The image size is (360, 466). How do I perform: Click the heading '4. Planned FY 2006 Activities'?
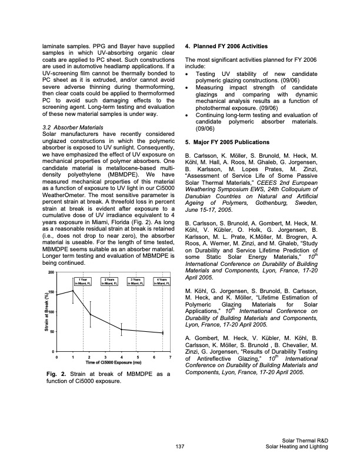pyautogui.click(x=227, y=46)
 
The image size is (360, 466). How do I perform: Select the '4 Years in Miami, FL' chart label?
pyautogui.click(x=161, y=280)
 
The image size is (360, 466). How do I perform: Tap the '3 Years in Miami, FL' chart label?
pyautogui.click(x=135, y=280)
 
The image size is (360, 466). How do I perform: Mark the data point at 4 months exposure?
pyautogui.click(x=121, y=329)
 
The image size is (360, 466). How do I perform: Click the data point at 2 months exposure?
pyautogui.click(x=89, y=314)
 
